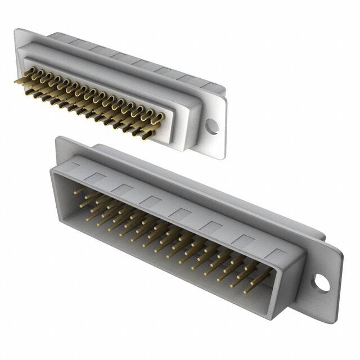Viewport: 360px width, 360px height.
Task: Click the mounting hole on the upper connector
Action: pos(211,126)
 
